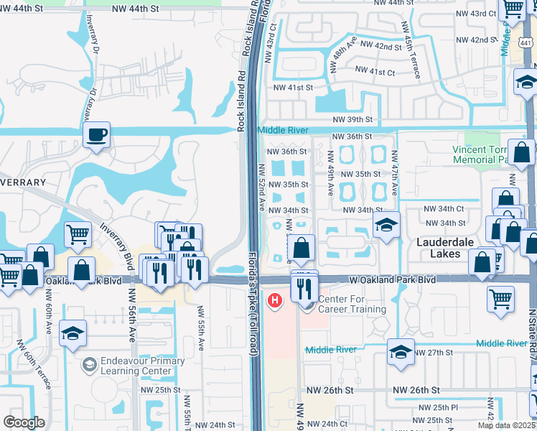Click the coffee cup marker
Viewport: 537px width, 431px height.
click(x=96, y=134)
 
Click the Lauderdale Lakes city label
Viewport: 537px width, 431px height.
click(x=445, y=248)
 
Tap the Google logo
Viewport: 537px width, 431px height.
click(x=24, y=422)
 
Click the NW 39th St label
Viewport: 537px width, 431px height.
click(x=352, y=120)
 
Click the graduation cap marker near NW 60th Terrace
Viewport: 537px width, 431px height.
click(x=73, y=333)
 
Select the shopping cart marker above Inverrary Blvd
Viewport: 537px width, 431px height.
click(x=78, y=233)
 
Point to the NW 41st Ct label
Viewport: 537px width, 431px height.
click(x=373, y=73)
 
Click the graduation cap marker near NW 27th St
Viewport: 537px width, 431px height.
click(x=401, y=351)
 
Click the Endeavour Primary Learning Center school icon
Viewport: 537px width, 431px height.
click(x=88, y=366)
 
